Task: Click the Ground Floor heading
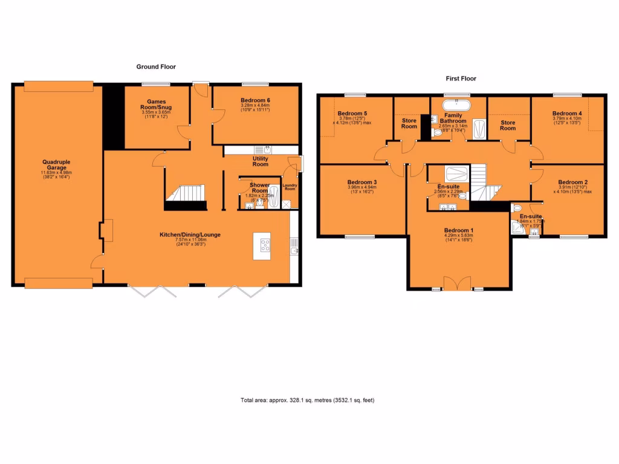(x=155, y=67)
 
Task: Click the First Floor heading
(x=461, y=79)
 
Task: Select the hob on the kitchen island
(x=265, y=245)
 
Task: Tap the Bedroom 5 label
(x=352, y=114)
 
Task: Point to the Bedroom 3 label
(x=362, y=182)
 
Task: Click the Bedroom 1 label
(x=459, y=230)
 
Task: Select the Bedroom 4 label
(x=567, y=113)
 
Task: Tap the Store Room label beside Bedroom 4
(x=508, y=125)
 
